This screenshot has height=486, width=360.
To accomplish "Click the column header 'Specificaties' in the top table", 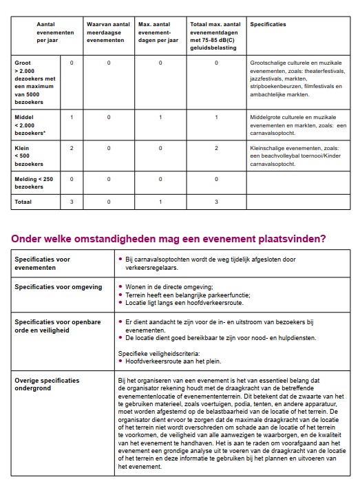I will (268, 24).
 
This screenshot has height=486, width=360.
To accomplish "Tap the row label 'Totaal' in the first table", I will (24, 202).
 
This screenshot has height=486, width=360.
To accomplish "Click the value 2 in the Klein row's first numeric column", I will (72, 148).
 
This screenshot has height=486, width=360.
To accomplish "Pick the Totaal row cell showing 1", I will (160, 202).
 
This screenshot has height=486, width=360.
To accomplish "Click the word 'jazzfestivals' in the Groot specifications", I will (271, 78).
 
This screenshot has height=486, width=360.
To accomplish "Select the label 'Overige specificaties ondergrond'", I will (47, 383).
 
